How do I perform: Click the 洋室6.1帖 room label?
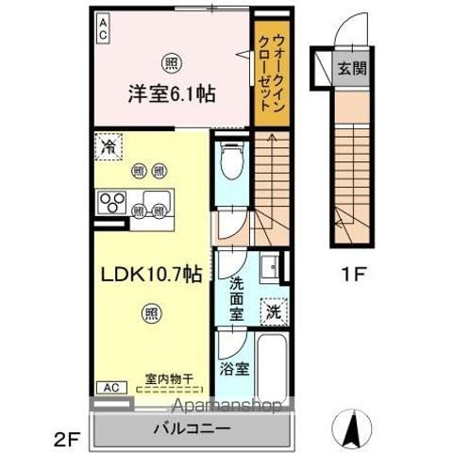(x=172, y=93)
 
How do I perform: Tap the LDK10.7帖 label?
(x=151, y=275)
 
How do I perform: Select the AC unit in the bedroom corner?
(x=103, y=29)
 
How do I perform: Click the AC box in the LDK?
(x=111, y=388)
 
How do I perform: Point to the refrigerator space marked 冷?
(x=109, y=146)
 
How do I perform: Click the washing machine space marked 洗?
(x=274, y=311)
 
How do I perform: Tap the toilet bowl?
(x=232, y=160)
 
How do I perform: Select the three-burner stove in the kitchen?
(x=112, y=202)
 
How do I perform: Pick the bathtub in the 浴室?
(x=272, y=367)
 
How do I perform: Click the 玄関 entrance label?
(x=352, y=68)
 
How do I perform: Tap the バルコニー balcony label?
(x=192, y=428)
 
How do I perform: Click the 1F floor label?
(x=353, y=275)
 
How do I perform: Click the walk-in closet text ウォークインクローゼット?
(x=272, y=73)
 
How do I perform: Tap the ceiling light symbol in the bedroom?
(x=172, y=64)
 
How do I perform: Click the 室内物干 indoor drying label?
(x=169, y=378)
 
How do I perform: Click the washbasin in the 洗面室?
(x=270, y=267)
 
